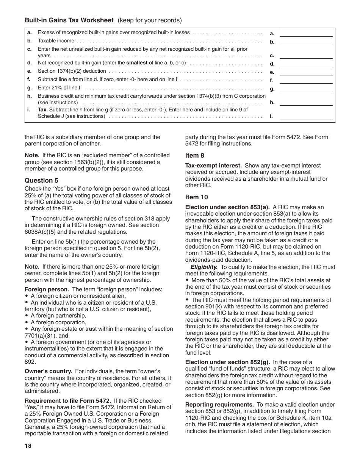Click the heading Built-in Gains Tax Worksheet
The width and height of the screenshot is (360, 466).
point(69,20)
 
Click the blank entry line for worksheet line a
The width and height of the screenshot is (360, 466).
point(306,33)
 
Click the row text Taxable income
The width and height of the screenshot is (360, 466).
point(56,41)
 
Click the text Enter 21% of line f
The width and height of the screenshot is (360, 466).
point(59,88)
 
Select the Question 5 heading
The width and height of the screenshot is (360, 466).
point(42,180)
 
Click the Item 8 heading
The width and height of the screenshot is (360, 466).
point(195,155)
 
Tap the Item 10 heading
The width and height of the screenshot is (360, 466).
point(197,197)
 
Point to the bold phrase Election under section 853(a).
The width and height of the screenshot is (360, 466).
point(227,207)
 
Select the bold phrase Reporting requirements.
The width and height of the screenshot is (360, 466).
point(219,405)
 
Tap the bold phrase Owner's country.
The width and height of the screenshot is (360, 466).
point(48,371)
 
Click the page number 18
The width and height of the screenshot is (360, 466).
point(28,446)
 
